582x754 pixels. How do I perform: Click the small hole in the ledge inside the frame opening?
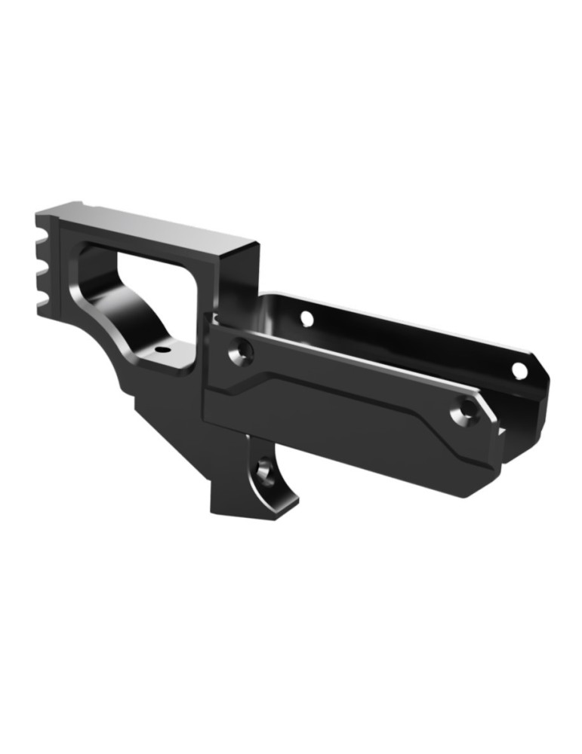(161, 351)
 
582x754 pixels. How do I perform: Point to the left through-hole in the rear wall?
(306, 318)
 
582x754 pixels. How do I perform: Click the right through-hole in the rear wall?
(519, 370)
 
